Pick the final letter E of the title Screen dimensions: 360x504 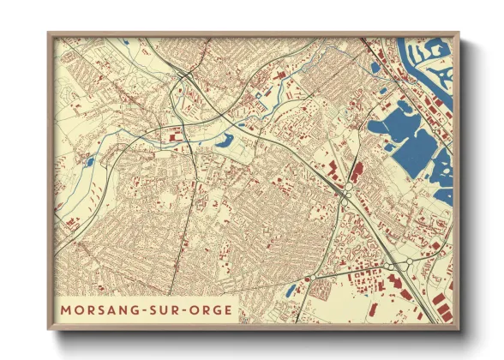227,309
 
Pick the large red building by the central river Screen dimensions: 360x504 175,135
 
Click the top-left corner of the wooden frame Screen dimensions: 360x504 48,33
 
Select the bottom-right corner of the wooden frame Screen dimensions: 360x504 459,330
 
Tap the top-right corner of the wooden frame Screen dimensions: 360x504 459,33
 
